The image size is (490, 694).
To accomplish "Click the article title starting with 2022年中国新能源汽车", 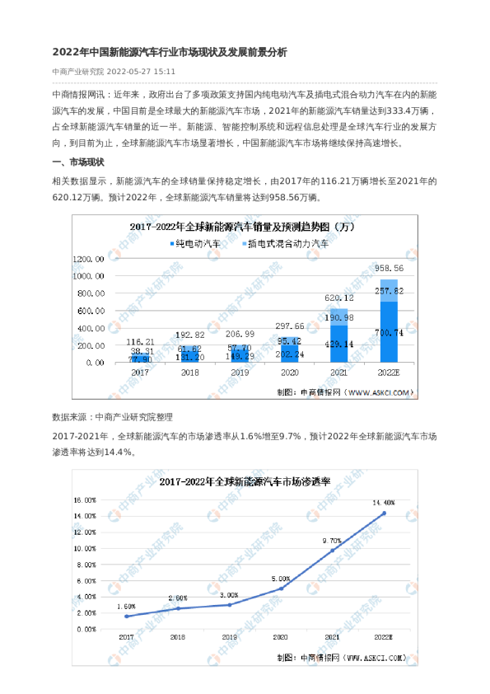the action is (169, 52).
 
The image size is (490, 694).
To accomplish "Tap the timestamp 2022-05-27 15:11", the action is (141, 72).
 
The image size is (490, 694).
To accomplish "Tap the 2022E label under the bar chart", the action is (389, 373).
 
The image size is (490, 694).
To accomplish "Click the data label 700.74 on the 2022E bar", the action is (389, 332).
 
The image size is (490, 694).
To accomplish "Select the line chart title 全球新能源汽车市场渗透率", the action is (245, 481).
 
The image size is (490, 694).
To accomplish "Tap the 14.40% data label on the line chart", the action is (384, 502).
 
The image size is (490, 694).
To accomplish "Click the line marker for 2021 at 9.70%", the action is (332, 551).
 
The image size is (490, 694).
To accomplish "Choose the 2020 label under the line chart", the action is (280, 638).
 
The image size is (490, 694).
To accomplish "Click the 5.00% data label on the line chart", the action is (280, 578).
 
